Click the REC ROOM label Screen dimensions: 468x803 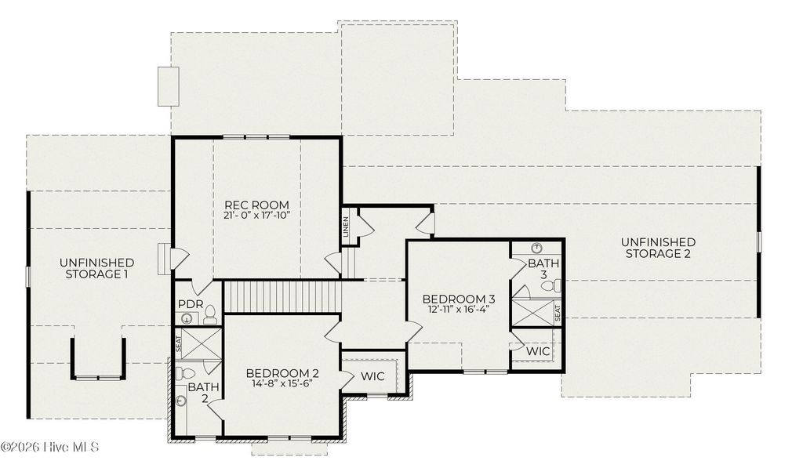(x=256, y=205)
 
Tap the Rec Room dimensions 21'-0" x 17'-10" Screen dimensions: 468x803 (x=256, y=216)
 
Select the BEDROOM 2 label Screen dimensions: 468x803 (x=282, y=373)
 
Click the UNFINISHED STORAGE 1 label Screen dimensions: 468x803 (x=96, y=268)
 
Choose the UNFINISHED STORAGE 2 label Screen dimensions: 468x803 (x=658, y=248)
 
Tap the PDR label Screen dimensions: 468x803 (x=191, y=304)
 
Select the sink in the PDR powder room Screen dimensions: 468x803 (x=187, y=318)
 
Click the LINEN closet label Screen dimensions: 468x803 (x=345, y=226)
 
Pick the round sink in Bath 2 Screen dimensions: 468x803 (x=182, y=401)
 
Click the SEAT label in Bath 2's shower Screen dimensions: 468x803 (x=178, y=343)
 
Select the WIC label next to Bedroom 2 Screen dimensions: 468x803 (x=372, y=376)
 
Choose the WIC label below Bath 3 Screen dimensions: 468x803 (x=538, y=352)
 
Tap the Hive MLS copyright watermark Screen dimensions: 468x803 (x=49, y=448)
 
